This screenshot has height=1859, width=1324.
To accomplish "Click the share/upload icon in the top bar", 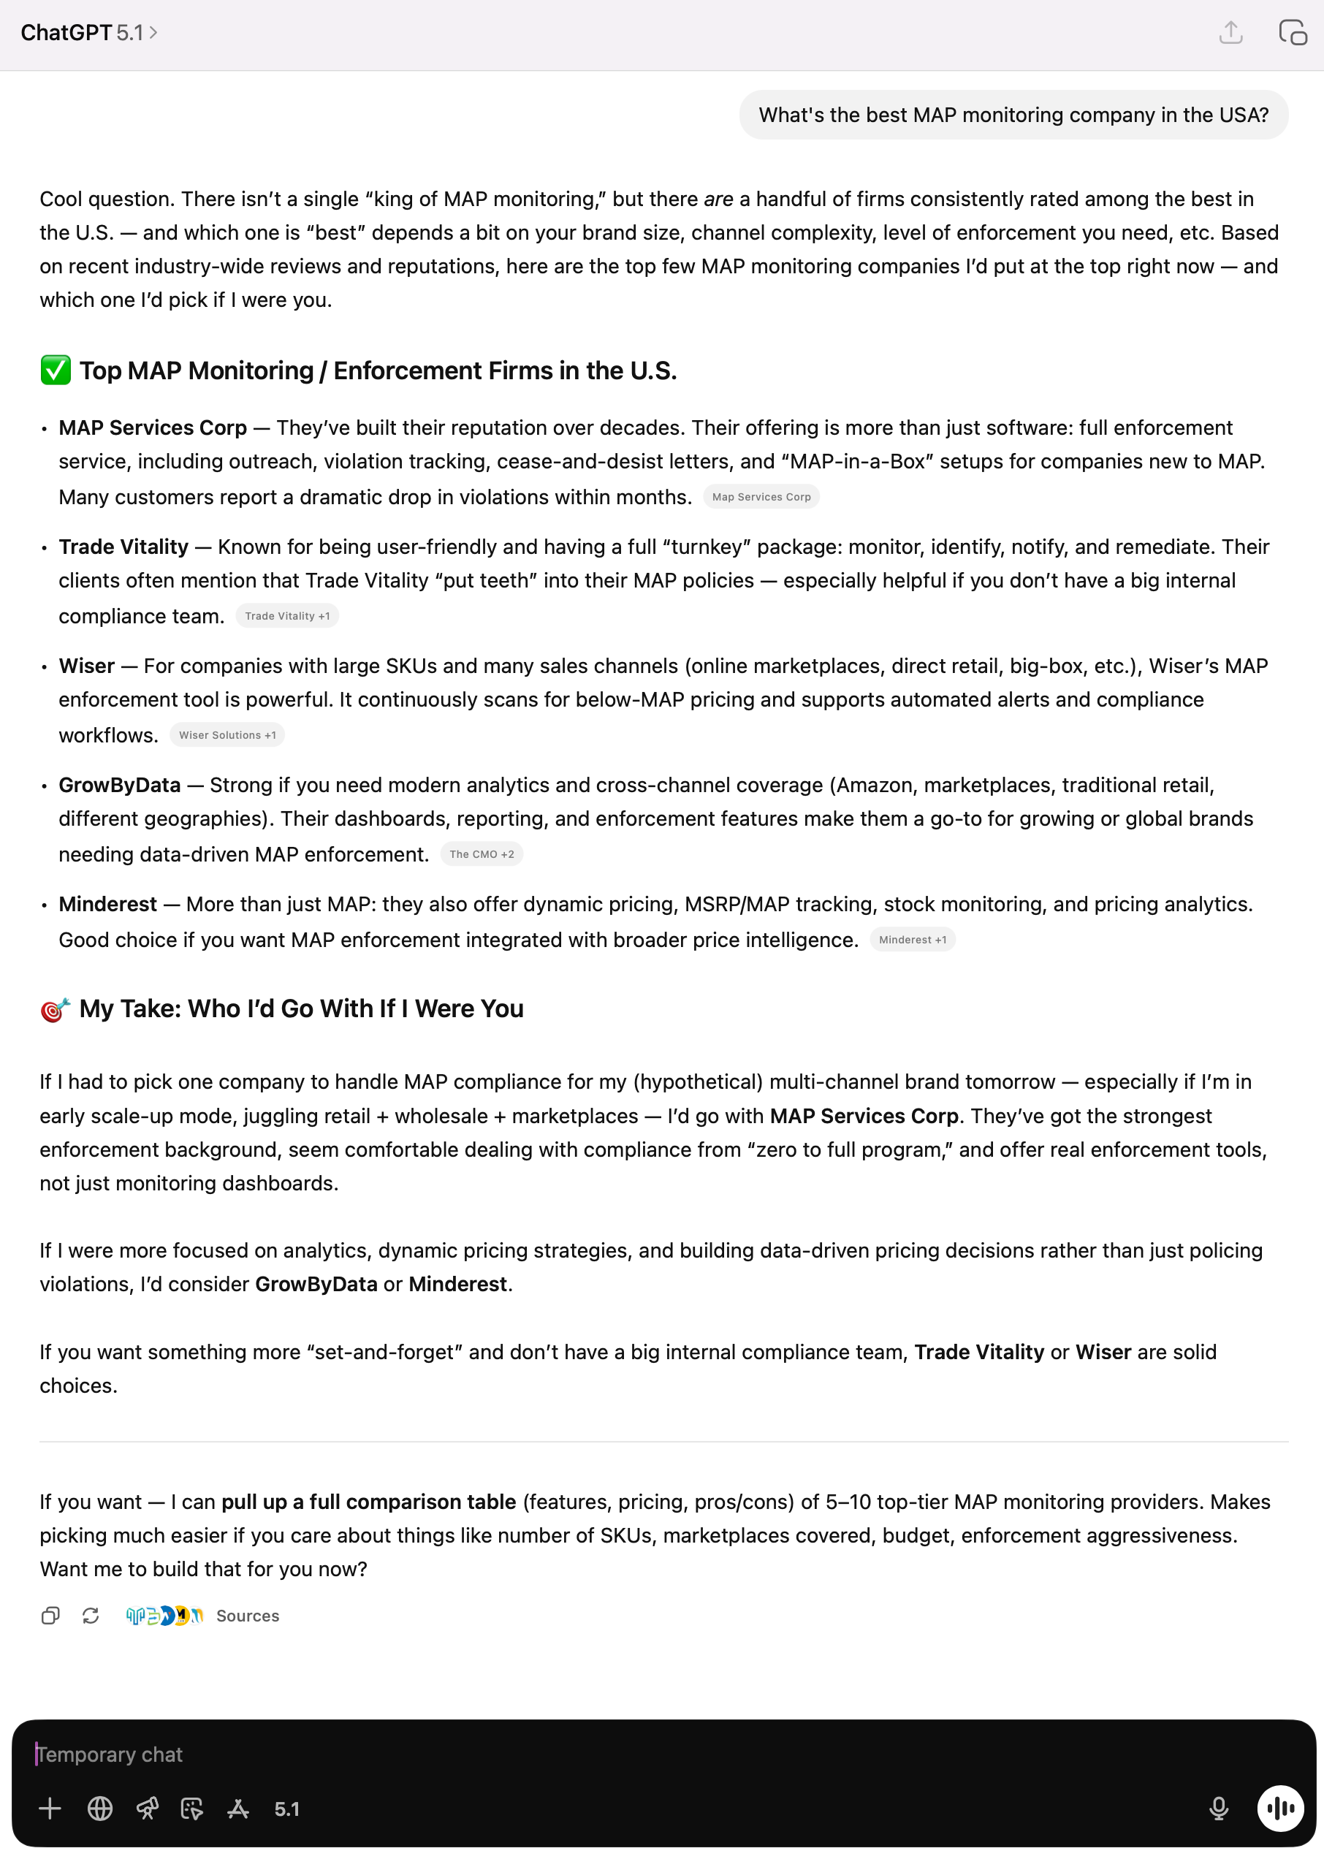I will click(x=1230, y=33).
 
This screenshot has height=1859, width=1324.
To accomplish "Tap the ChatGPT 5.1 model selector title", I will click(x=89, y=33).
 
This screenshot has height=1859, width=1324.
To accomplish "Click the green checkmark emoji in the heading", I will click(x=56, y=370).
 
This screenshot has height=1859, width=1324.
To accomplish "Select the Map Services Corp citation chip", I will click(x=761, y=498).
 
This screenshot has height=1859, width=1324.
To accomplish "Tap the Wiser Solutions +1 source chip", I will click(x=227, y=735).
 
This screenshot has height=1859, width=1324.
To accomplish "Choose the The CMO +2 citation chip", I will click(x=481, y=854).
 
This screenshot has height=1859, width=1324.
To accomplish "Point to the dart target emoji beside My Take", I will click(x=56, y=1009).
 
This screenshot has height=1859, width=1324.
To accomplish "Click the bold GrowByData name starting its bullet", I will click(x=120, y=786).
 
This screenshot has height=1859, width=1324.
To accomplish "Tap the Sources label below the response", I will click(x=247, y=1616).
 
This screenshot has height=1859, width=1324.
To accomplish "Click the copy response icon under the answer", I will click(x=50, y=1616).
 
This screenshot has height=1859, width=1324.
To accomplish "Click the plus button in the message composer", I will click(x=50, y=1809).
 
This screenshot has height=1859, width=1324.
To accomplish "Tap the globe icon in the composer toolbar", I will click(x=99, y=1809).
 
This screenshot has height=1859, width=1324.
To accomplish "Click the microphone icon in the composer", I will click(x=1218, y=1809).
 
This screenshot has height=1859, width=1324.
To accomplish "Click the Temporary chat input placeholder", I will click(x=110, y=1755).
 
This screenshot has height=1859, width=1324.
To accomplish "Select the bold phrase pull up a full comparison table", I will click(x=368, y=1502).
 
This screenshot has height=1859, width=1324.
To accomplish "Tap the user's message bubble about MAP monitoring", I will click(x=1013, y=115).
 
